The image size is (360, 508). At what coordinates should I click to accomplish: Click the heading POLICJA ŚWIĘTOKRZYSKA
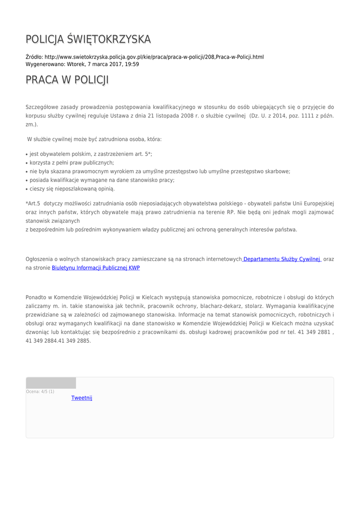click(x=88, y=39)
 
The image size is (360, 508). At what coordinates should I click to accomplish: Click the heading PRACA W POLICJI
click(x=67, y=80)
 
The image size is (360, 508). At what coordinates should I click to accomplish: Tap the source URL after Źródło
click(x=154, y=57)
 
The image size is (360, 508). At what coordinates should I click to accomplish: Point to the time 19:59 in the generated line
click(x=132, y=64)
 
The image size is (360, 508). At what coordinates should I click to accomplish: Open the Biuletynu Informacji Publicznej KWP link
click(x=96, y=267)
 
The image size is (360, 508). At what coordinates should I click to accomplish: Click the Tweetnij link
click(x=81, y=398)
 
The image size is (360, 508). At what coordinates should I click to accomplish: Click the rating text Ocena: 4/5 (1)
click(x=40, y=392)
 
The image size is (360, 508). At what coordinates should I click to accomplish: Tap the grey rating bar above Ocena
click(x=51, y=383)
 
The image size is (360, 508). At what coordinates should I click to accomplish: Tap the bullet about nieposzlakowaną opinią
click(x=72, y=189)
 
